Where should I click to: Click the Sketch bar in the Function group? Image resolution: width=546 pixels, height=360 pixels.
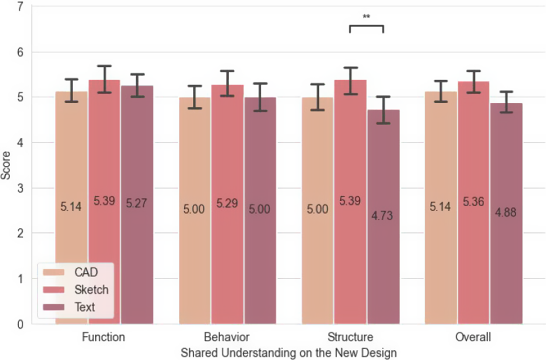(104, 202)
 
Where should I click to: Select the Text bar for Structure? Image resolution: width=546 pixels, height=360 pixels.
(383, 217)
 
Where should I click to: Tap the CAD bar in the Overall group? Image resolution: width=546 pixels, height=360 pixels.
(441, 208)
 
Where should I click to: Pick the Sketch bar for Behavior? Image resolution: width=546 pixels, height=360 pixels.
(227, 204)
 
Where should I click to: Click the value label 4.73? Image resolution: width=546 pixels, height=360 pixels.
(382, 216)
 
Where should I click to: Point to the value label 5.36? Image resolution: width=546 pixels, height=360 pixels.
(473, 201)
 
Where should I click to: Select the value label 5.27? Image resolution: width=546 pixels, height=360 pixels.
(136, 203)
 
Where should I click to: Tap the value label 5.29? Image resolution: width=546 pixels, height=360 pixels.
(227, 203)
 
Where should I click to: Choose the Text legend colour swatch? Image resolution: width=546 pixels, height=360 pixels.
(53, 307)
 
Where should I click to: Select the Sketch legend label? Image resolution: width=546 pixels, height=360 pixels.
(91, 289)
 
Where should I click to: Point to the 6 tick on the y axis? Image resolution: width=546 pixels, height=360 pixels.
(20, 52)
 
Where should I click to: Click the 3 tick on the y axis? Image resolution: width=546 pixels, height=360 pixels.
(20, 188)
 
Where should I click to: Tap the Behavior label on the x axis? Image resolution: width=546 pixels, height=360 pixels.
(227, 337)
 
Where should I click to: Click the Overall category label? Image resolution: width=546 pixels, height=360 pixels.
(473, 337)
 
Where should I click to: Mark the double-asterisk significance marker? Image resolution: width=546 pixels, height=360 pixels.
(366, 17)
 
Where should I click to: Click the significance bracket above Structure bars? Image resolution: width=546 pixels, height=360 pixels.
(366, 26)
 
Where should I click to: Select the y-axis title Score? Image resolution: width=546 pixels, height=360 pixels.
(6, 166)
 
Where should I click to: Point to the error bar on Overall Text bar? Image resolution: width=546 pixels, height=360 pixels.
(506, 102)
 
